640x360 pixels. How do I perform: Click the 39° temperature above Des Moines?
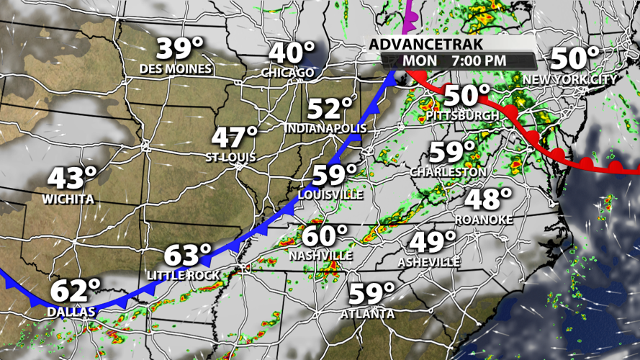point(181,50)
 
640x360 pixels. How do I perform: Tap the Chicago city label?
point(288,73)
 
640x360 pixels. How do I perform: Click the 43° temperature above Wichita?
point(73,178)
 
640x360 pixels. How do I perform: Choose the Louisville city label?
point(330,194)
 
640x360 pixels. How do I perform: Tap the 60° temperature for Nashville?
point(325,236)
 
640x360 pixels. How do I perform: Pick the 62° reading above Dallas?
point(75,292)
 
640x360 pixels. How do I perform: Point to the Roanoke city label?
point(484,220)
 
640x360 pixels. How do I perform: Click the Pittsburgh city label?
point(462,115)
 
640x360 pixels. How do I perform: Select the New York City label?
point(570,79)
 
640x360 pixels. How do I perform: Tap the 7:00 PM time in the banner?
point(478,61)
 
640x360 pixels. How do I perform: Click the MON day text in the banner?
point(420,61)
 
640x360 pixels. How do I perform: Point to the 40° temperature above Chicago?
point(292,53)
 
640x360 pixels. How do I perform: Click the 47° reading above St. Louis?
point(235,137)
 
